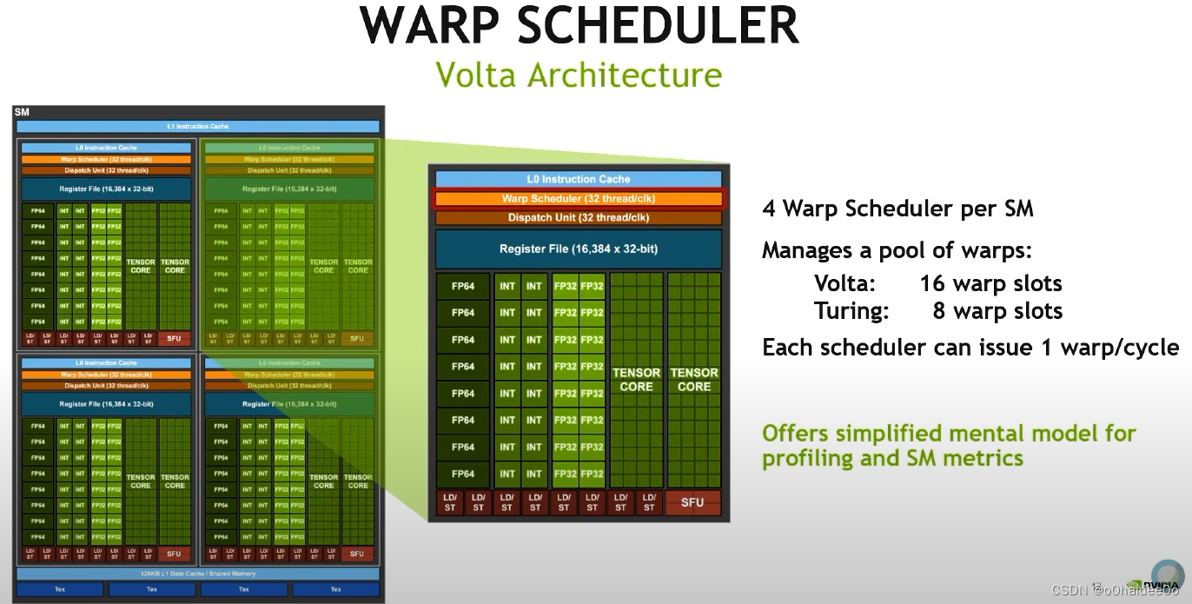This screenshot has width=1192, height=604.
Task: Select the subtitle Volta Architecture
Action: pyautogui.click(x=578, y=74)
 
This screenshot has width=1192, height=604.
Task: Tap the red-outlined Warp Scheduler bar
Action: pyautogui.click(x=579, y=199)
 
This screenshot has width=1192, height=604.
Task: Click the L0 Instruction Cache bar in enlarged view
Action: pyautogui.click(x=579, y=179)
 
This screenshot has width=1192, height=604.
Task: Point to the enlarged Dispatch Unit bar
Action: pyautogui.click(x=579, y=217)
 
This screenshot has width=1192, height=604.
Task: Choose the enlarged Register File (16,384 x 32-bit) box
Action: pyautogui.click(x=579, y=249)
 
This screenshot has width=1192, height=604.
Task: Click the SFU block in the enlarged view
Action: pyautogui.click(x=692, y=502)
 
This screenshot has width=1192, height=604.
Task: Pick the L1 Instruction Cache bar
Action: pyautogui.click(x=198, y=127)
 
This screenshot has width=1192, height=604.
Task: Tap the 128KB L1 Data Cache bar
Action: pyautogui.click(x=198, y=574)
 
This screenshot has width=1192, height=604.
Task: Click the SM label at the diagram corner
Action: pyautogui.click(x=22, y=113)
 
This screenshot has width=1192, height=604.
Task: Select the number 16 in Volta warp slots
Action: pyautogui.click(x=933, y=284)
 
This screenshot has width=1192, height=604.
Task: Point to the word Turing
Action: pyautogui.click(x=844, y=311)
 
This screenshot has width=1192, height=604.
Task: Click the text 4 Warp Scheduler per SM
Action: pyautogui.click(x=897, y=209)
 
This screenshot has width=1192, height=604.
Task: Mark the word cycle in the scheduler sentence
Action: pyautogui.click(x=1149, y=348)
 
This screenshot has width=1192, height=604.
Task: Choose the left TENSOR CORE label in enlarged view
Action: pyautogui.click(x=636, y=379)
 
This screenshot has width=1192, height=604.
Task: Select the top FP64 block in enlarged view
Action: pyautogui.click(x=463, y=286)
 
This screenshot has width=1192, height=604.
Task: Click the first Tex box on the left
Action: pyautogui.click(x=60, y=589)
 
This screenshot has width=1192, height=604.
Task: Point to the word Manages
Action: pyautogui.click(x=805, y=251)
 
